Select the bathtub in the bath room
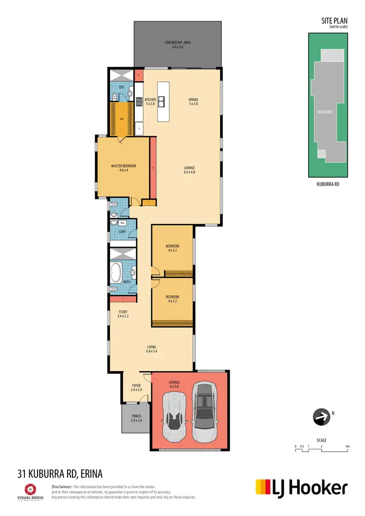pos(116,273)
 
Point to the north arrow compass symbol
pos(320,417)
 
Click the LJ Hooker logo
pos(302,487)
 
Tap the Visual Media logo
pos(30,491)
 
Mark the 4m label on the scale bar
pos(347,446)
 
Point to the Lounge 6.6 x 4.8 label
pos(189,170)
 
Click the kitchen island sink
pos(164,102)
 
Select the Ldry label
pos(123,232)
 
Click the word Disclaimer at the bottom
pos(62,486)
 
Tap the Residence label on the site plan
pos(325,112)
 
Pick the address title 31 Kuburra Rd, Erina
pos(60,473)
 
